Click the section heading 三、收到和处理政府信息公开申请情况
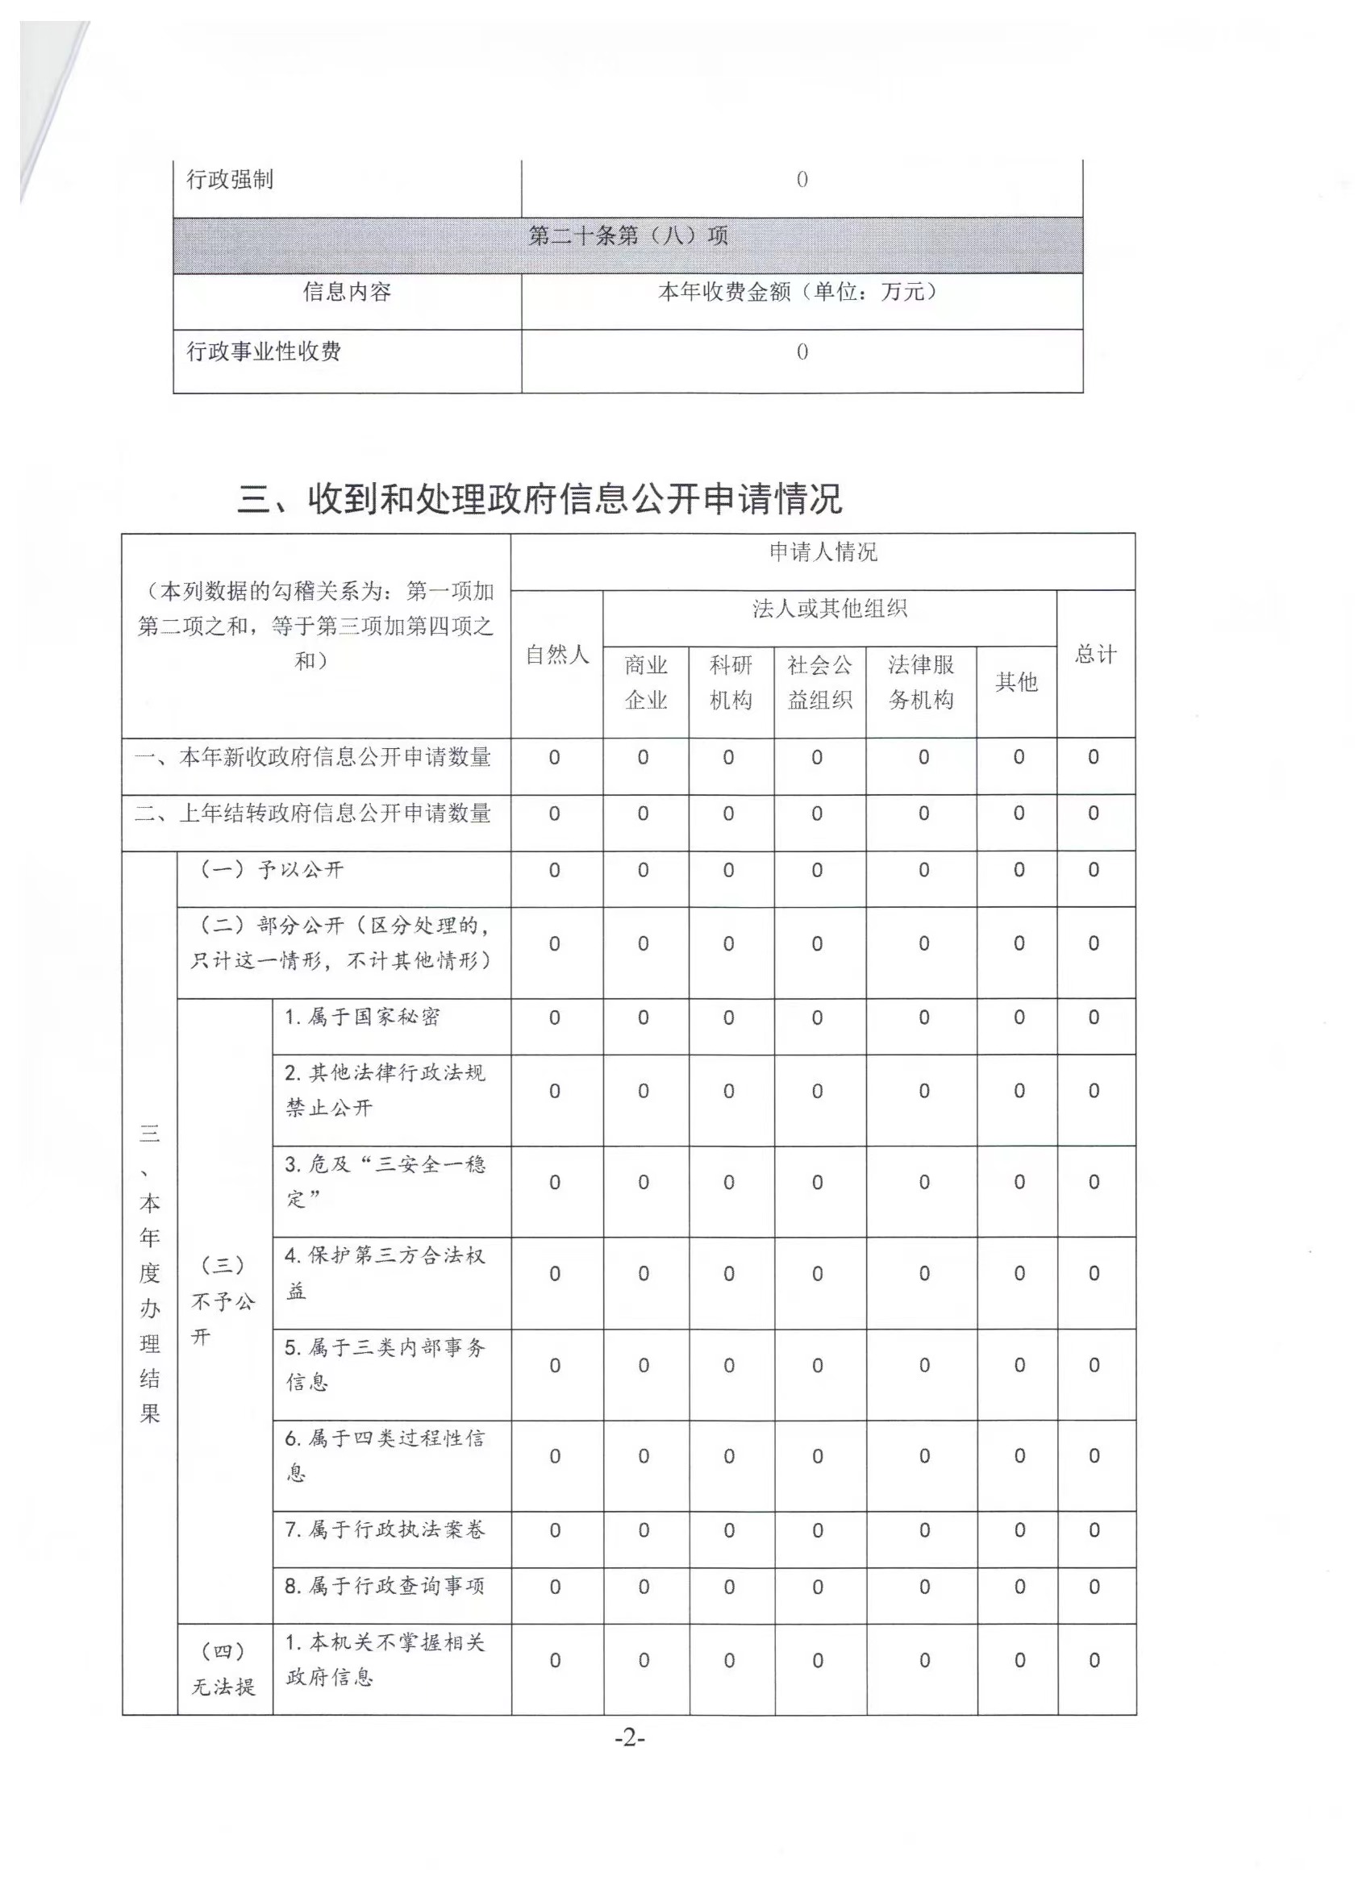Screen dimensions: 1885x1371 coord(540,499)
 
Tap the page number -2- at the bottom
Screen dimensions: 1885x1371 coord(629,1737)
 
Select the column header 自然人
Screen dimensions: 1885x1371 coord(556,655)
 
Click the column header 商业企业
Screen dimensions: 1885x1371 coord(645,682)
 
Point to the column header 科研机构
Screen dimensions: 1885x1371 coord(730,682)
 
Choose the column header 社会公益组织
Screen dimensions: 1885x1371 coord(819,682)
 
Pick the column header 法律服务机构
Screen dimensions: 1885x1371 coord(920,682)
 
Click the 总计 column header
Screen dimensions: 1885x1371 coord(1095,655)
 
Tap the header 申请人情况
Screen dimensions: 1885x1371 coord(823,553)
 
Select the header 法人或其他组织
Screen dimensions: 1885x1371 coord(829,610)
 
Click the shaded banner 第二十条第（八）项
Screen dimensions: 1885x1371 coord(627,236)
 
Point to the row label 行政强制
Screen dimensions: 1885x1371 coord(230,180)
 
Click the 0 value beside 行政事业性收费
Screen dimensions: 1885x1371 coord(802,352)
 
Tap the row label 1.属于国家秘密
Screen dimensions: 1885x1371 coord(361,1017)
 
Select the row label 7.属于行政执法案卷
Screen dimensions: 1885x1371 coord(384,1529)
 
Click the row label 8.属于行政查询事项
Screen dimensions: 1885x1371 coord(384,1586)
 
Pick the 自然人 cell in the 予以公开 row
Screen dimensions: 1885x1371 coord(555,870)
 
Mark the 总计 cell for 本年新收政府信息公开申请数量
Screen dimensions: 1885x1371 coord(1094,757)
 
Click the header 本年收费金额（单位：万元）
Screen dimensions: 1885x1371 coord(801,292)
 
